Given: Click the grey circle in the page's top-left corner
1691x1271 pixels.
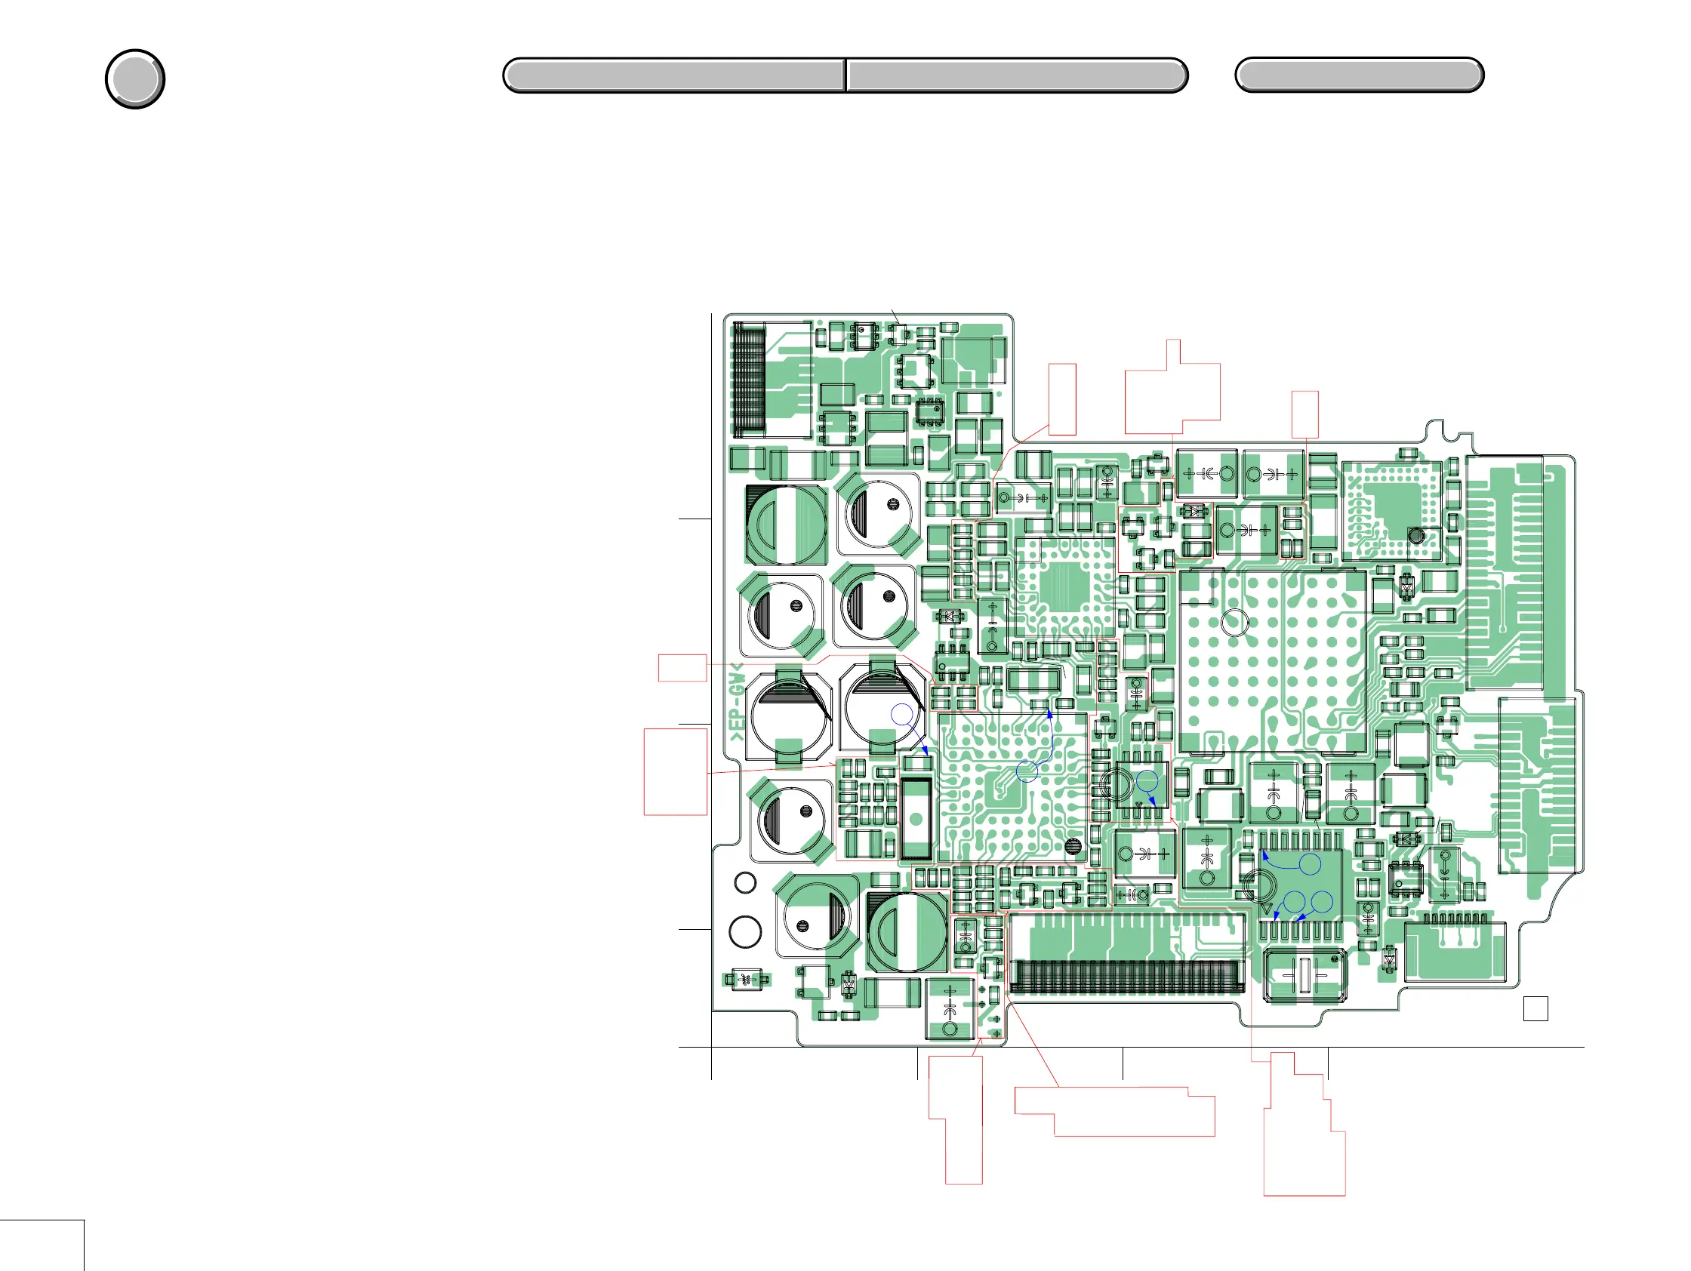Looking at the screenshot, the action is click(134, 78).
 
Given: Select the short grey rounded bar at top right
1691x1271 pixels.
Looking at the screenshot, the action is click(1360, 75).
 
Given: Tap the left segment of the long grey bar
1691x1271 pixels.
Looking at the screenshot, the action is click(673, 75).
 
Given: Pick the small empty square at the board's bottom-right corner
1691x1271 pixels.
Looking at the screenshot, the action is click(1535, 1009).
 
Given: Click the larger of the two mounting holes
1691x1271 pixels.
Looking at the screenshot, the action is click(745, 931).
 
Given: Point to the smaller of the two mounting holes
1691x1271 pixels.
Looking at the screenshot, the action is click(745, 883).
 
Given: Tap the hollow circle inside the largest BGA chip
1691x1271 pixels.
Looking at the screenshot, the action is click(1234, 622).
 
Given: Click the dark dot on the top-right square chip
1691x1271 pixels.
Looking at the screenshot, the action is click(1416, 536).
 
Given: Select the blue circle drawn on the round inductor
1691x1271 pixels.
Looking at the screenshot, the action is click(902, 715).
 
